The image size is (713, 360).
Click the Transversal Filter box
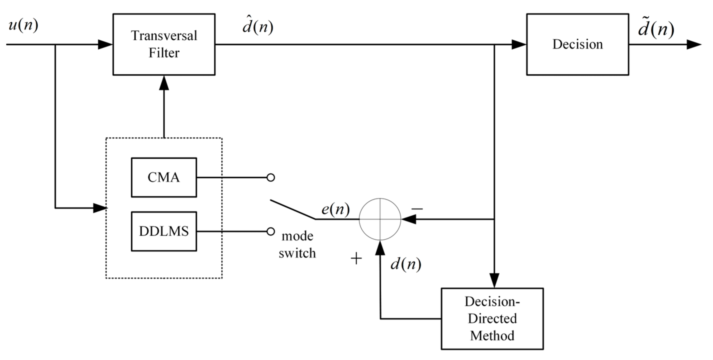(x=164, y=44)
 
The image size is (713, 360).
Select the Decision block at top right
(x=577, y=44)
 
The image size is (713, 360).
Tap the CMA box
(x=164, y=177)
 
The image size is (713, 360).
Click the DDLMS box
(x=164, y=231)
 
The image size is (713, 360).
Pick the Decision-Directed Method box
(x=492, y=318)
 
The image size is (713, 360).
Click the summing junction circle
(x=380, y=219)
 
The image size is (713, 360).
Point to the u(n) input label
(x=23, y=26)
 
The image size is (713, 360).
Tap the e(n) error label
(x=335, y=209)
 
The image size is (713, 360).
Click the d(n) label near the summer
(x=406, y=264)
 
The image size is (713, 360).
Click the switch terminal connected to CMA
(x=271, y=177)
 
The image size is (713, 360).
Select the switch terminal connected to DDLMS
(x=271, y=231)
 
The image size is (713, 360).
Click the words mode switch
(x=297, y=245)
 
